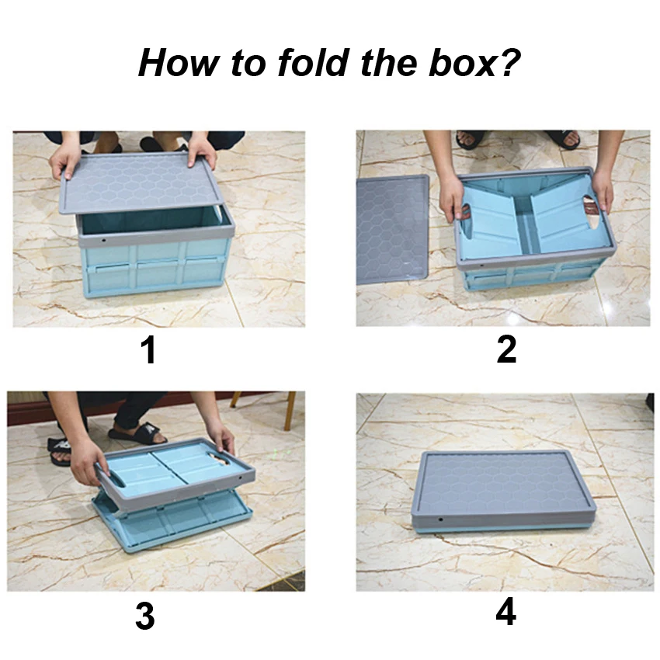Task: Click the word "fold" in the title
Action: point(313,62)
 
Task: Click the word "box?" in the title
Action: point(474,62)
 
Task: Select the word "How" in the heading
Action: point(179,63)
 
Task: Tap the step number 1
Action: point(148,349)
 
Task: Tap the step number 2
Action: point(506,349)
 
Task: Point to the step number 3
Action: point(144,616)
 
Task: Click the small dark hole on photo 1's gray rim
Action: point(103,241)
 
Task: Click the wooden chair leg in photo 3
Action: point(290,411)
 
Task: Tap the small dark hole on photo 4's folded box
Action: point(440,519)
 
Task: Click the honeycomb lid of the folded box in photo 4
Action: point(503,484)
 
